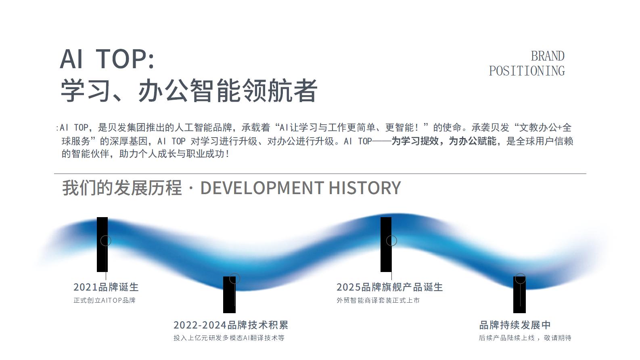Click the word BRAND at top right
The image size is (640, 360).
(x=548, y=56)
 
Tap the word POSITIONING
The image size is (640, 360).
(x=527, y=71)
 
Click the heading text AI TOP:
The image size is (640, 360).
(x=107, y=59)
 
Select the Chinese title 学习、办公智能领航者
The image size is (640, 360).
(x=189, y=90)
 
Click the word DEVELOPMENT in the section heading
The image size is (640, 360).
(x=262, y=188)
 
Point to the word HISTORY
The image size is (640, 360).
(x=365, y=188)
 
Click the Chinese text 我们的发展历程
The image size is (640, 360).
(x=122, y=188)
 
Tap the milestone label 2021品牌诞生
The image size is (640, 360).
(x=106, y=287)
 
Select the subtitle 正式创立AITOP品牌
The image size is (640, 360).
(x=105, y=300)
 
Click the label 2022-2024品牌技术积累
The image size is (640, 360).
(x=231, y=325)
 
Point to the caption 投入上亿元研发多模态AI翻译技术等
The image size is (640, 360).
(x=229, y=338)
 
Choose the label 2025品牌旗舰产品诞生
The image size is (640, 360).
(x=390, y=287)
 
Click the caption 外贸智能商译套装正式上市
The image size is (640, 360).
(x=378, y=300)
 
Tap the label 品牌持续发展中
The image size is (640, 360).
(x=515, y=325)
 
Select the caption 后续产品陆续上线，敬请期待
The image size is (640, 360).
(x=525, y=338)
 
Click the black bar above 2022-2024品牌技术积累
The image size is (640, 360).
(x=229, y=295)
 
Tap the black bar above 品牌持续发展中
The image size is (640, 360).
(x=519, y=295)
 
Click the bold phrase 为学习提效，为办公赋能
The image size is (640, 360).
(x=444, y=141)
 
